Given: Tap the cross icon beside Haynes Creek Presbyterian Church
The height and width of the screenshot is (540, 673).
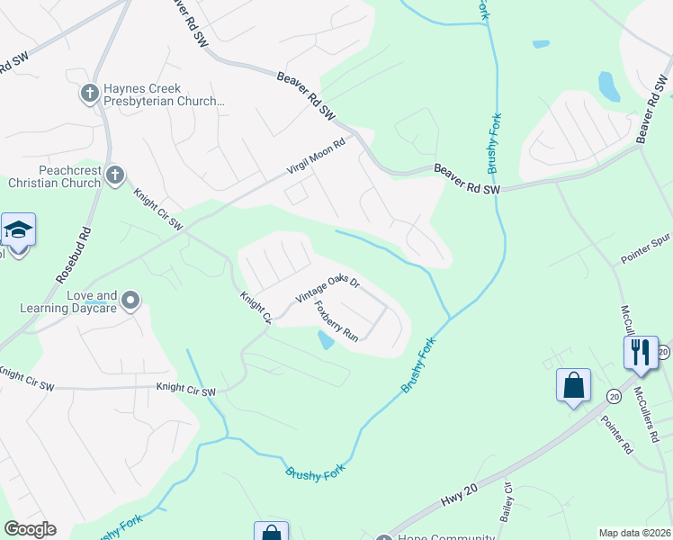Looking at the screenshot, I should point(89,93).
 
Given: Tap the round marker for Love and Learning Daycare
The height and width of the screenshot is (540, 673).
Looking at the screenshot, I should point(131,300).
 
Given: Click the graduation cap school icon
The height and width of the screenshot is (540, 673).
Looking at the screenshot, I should point(18,231).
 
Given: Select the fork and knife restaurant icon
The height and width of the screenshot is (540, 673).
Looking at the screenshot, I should point(641,352).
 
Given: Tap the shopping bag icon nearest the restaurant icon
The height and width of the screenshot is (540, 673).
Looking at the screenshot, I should point(573,385).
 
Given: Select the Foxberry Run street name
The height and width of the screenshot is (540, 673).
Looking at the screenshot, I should point(336,321).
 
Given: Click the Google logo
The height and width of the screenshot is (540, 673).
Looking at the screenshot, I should point(30,529).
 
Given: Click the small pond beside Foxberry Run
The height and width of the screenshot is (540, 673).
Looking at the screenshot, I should point(326,340).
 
